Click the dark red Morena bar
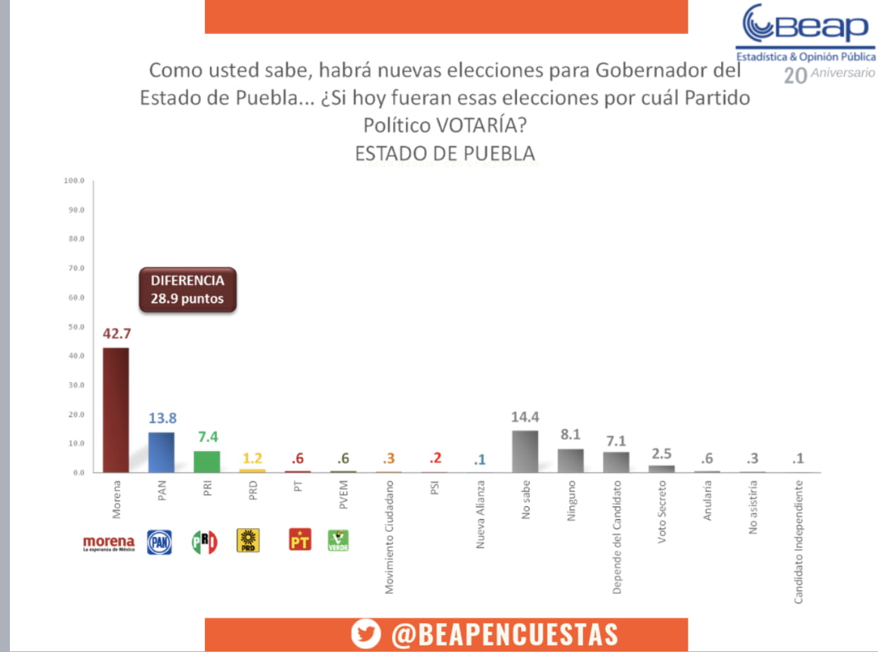pyautogui.click(x=116, y=409)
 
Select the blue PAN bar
pyautogui.click(x=161, y=452)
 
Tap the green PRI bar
pyautogui.click(x=206, y=461)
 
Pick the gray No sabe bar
pyautogui.click(x=525, y=451)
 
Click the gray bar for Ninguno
pyautogui.click(x=570, y=460)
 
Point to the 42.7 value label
pyautogui.click(x=116, y=333)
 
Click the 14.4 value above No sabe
pyautogui.click(x=525, y=417)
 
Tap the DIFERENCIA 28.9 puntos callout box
pyautogui.click(x=187, y=289)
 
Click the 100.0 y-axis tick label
pyautogui.click(x=74, y=181)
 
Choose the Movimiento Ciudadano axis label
pyautogui.click(x=390, y=527)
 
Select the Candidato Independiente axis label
pyautogui.click(x=798, y=542)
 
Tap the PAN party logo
pyautogui.click(x=159, y=542)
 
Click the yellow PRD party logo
pyautogui.click(x=248, y=541)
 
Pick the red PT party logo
pyautogui.click(x=300, y=541)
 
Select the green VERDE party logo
pyautogui.click(x=338, y=541)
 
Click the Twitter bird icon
pyautogui.click(x=366, y=634)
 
